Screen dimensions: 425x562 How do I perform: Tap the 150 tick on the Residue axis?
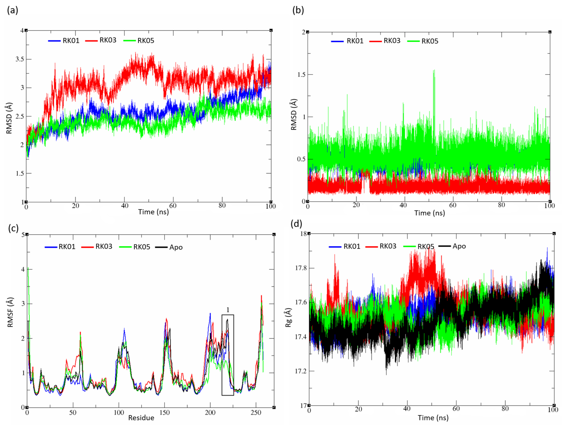[164, 413]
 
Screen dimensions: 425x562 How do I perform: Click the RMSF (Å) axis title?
[10, 312]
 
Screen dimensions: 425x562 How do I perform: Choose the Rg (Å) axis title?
[288, 317]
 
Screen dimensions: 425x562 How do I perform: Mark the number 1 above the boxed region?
[228, 310]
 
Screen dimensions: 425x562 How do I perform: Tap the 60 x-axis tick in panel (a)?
[173, 205]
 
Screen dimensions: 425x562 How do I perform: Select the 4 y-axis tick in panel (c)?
[23, 270]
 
